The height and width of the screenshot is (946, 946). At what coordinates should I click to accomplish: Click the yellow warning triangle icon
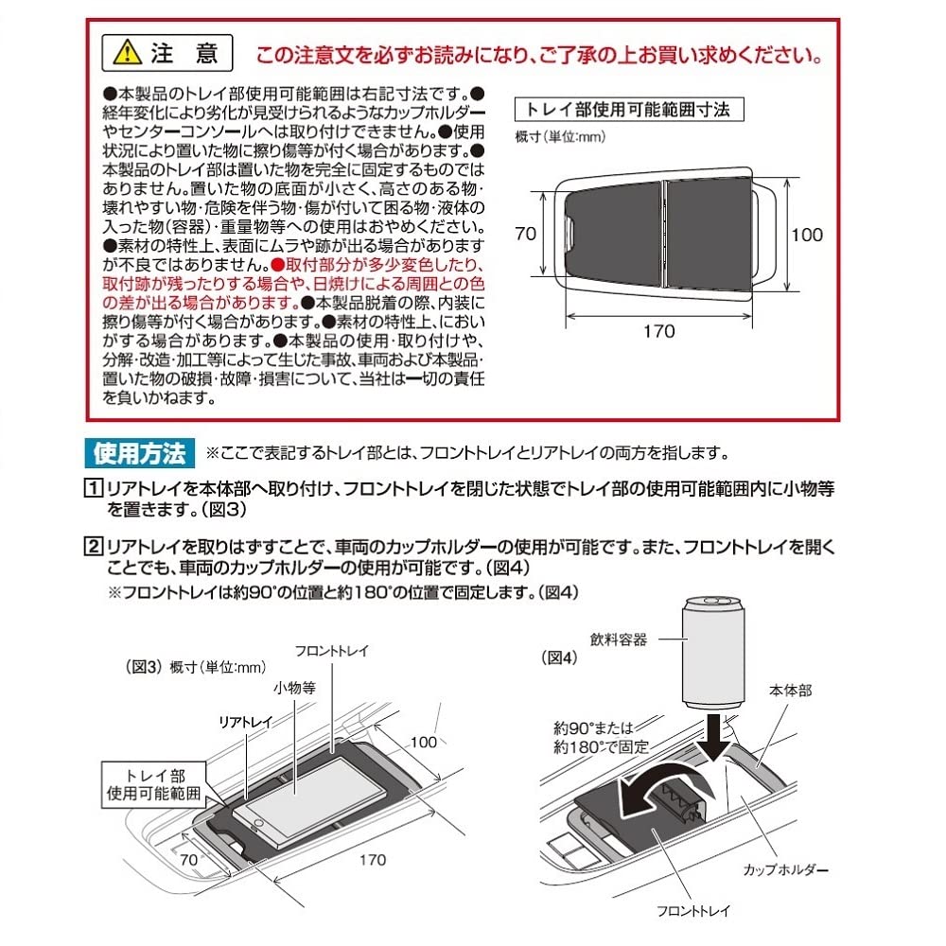point(125,53)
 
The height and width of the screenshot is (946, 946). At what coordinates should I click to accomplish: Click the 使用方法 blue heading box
point(140,453)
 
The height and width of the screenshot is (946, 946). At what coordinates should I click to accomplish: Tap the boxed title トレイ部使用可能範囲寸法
point(628,110)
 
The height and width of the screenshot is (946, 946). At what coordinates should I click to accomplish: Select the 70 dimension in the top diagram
point(527,234)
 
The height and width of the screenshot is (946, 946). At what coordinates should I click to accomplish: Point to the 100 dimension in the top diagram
point(807,235)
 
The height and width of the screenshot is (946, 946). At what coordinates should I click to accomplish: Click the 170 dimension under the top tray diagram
point(658,330)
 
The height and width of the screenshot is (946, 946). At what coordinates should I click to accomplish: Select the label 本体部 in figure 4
point(791,691)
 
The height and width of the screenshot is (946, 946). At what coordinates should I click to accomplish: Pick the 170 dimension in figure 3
point(373,860)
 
